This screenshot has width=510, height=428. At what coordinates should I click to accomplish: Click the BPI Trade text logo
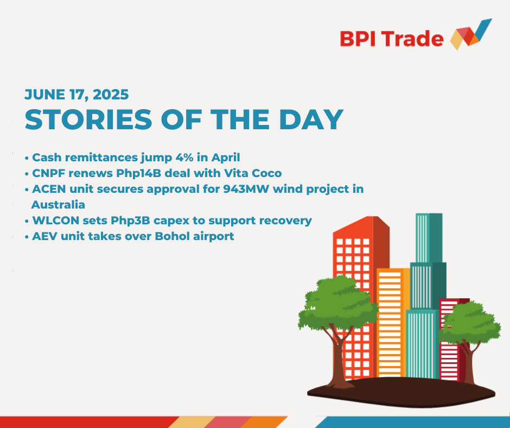coord(392,39)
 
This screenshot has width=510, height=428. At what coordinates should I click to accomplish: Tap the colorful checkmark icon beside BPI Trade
coord(471,35)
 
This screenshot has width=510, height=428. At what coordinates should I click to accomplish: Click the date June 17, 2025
coord(76,95)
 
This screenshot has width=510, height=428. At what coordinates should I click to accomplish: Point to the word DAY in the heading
coord(311,119)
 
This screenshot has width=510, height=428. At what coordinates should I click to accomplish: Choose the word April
coord(226,158)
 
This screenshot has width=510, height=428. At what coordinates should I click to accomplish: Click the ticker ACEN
coord(49,189)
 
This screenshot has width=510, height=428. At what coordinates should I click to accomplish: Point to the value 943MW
coord(246,189)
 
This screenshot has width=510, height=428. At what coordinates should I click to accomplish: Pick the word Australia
coord(58,205)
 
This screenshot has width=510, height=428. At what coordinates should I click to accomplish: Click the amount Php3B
coord(130,221)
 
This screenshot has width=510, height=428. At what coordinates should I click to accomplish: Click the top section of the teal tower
coord(429,238)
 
